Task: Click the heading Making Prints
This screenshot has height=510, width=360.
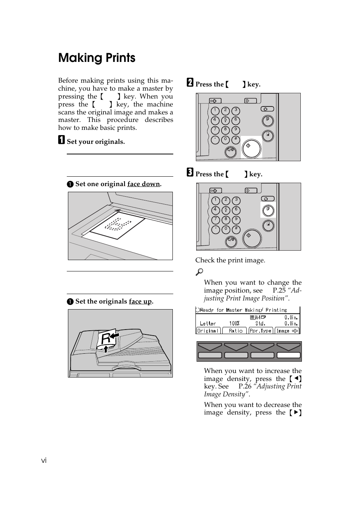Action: (x=97, y=58)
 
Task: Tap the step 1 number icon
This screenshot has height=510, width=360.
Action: (x=62, y=140)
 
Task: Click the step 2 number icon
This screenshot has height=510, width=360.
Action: (x=190, y=83)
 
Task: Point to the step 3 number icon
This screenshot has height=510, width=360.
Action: (x=190, y=173)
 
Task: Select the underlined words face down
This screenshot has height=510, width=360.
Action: (x=143, y=184)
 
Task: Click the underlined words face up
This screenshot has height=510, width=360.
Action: (x=140, y=301)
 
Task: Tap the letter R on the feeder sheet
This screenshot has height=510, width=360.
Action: (x=106, y=339)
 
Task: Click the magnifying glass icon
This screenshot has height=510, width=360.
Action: (x=199, y=271)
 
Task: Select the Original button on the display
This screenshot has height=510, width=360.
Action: (x=208, y=331)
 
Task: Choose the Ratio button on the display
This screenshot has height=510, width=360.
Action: (x=234, y=331)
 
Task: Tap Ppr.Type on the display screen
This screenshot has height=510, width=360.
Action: (x=260, y=331)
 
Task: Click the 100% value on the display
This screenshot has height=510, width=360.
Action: (x=234, y=324)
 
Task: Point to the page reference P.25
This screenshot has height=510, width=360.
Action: (x=279, y=290)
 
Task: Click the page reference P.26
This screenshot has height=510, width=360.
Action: (x=245, y=386)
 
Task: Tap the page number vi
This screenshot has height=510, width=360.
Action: (x=44, y=460)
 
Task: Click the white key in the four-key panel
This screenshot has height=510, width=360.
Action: (x=289, y=355)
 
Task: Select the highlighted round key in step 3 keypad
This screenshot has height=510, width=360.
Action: (x=268, y=210)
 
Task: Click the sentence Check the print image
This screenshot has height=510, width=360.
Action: (x=230, y=260)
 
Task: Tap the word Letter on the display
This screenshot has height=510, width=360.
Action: (x=208, y=324)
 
